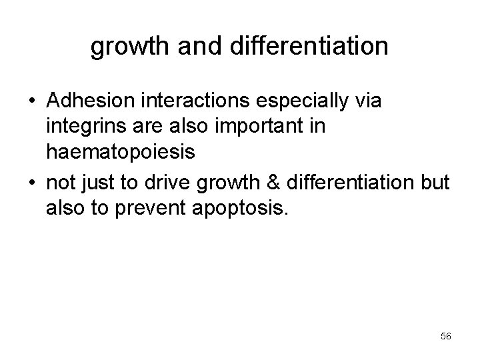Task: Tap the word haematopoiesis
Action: pyautogui.click(x=121, y=153)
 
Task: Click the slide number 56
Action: pyautogui.click(x=446, y=337)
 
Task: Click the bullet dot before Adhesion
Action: pyautogui.click(x=31, y=101)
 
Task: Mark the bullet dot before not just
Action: pyautogui.click(x=31, y=181)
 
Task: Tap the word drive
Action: pyautogui.click(x=175, y=181)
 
